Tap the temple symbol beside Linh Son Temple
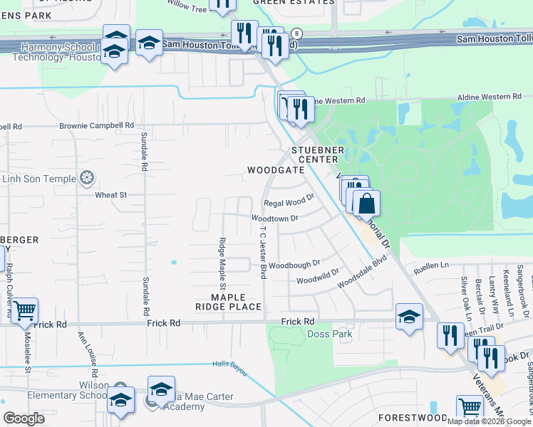[x=87, y=176]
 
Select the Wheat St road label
[x=110, y=194]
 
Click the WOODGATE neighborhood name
[x=271, y=171]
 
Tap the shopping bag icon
[x=366, y=204]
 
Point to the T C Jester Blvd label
[x=263, y=253]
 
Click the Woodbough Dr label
[x=296, y=263]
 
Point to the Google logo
[x=24, y=418]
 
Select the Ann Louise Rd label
[x=93, y=356]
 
